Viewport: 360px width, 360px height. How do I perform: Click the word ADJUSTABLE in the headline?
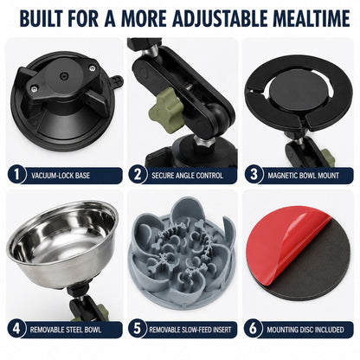222,19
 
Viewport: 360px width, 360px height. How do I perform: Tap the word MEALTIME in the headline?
312,19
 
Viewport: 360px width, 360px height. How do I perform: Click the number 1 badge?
16,175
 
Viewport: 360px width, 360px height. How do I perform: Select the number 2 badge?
138,175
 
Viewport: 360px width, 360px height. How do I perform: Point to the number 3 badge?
254,175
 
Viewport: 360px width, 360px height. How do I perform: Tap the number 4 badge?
16,329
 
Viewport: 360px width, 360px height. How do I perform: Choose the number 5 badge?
138,329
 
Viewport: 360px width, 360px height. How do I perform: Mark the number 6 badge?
253,329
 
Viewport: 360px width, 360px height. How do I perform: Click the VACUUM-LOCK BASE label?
61,176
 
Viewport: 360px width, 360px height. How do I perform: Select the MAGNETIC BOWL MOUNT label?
303,176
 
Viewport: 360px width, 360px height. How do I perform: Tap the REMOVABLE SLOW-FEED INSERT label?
190,330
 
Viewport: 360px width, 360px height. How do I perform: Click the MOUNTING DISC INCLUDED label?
305,330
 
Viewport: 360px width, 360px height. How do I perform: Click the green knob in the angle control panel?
166,110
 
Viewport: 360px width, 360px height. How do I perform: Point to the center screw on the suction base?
63,76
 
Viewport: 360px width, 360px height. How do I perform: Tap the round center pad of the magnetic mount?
299,89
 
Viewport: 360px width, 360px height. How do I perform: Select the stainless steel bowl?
62,245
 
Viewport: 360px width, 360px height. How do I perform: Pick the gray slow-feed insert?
183,254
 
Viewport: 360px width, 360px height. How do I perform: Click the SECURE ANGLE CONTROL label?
188,176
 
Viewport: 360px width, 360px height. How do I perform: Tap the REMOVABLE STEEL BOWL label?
66,330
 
